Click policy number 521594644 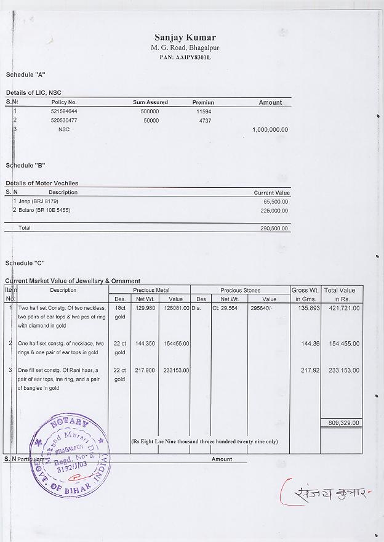coord(63,111)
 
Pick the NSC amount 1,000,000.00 coord(270,130)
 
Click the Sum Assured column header coord(150,102)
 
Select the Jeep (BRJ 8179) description coord(38,201)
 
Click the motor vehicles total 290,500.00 coord(274,228)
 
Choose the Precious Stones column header coord(240,290)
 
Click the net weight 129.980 coord(145,307)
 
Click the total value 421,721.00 coord(342,307)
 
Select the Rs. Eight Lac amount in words coord(204,441)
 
